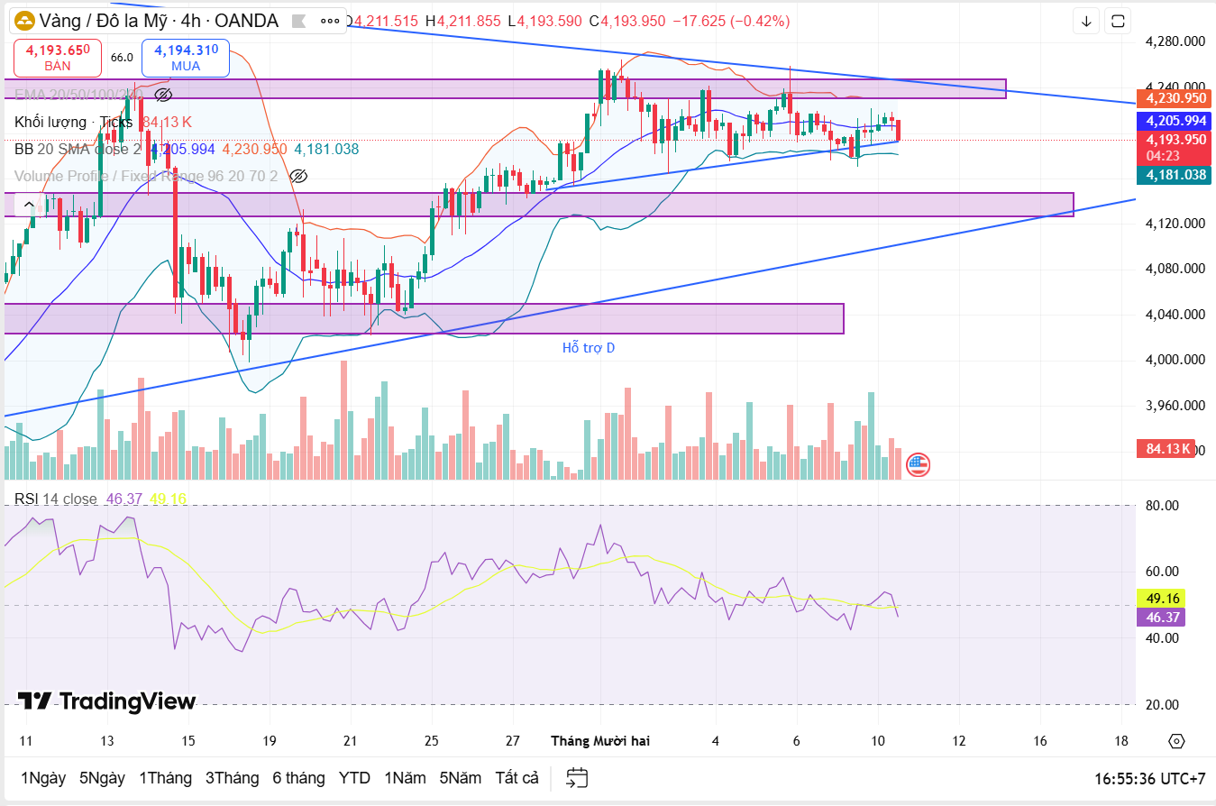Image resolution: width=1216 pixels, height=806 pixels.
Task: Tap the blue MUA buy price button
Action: (185, 58)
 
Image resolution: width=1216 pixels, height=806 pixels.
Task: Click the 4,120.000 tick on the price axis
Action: (1175, 223)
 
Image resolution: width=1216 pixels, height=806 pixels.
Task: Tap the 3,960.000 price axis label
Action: (1175, 405)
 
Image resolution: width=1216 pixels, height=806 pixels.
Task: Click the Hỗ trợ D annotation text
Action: (588, 347)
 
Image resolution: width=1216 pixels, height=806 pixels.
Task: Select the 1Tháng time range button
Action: (165, 777)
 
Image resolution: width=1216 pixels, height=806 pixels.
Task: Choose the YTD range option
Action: (354, 777)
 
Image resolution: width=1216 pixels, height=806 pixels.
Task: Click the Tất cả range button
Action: (517, 777)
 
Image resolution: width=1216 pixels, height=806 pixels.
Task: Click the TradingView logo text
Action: (106, 701)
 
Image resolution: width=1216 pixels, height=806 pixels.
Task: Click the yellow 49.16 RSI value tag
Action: (1159, 598)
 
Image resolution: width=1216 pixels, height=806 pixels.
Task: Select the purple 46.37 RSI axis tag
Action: (1159, 618)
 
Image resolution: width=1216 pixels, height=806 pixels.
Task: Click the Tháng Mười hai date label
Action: (600, 740)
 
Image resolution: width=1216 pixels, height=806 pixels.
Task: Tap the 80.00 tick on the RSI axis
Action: (1163, 505)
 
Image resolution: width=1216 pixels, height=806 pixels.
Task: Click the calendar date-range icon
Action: (577, 777)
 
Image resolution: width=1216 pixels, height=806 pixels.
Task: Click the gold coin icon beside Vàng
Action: (24, 21)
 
